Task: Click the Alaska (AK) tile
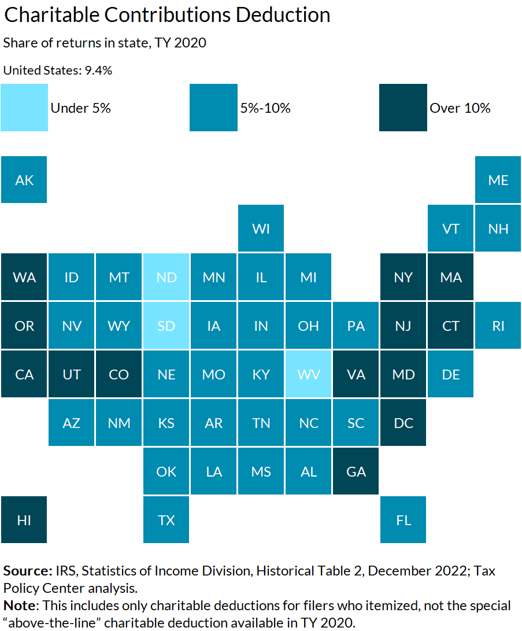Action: pos(24,180)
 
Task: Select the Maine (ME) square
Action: pos(498,180)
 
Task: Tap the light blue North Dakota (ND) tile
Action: pos(166,277)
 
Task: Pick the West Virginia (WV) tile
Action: pos(309,374)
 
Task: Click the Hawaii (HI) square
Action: pos(24,520)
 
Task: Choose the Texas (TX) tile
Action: pos(166,520)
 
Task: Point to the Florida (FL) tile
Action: pos(403,520)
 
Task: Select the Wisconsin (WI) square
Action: pos(261,228)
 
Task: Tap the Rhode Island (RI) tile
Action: pos(498,326)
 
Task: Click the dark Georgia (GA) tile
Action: pos(356,471)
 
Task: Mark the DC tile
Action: pos(403,423)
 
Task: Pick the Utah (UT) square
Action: pos(72,374)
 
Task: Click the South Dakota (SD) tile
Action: pos(166,326)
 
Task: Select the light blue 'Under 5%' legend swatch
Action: pos(24,108)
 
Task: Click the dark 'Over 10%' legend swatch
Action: pos(403,108)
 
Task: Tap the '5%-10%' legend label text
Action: pos(265,108)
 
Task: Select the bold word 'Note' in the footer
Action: pos(18,606)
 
